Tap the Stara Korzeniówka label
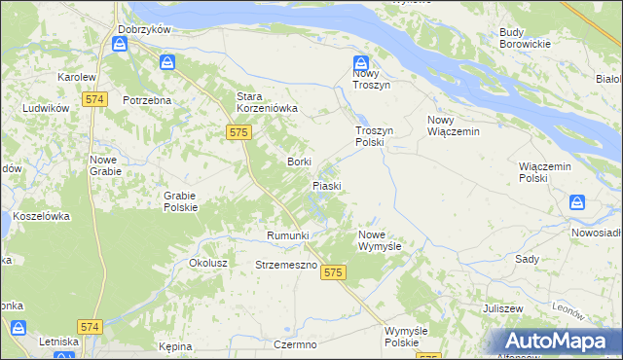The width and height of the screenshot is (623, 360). coord(267,102)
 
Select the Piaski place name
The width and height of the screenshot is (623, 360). coord(326,185)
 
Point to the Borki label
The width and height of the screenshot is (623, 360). coord(298,162)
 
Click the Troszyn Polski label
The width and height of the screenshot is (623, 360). coord(370,135)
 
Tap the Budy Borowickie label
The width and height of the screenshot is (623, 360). coord(525,38)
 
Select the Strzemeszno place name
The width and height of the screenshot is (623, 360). coord(284,265)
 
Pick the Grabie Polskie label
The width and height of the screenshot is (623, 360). coord(181,200)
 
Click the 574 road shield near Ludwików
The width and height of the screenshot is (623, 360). coord(94,99)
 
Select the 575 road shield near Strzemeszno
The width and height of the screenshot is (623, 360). coord(333,273)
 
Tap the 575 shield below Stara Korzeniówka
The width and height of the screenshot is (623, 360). coord(238,130)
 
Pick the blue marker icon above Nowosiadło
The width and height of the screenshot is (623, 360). coord(577,202)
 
